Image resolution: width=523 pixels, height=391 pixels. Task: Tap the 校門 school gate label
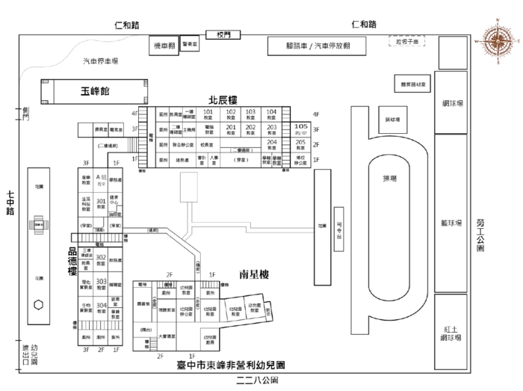[224, 34]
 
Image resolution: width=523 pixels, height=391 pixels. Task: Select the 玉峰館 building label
[95, 91]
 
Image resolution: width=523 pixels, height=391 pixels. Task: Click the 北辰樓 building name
[223, 99]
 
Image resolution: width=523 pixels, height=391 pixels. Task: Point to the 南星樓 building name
[254, 274]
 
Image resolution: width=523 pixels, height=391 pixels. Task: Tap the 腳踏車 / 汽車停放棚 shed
[318, 46]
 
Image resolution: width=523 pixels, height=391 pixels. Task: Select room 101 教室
[209, 114]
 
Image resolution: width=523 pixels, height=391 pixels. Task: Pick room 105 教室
[300, 129]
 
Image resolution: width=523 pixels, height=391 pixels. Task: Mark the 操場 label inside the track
[390, 178]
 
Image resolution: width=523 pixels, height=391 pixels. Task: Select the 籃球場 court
[451, 224]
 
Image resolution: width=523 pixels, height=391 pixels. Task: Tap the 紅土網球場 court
[451, 333]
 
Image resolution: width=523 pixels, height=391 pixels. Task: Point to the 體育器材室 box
[413, 85]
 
